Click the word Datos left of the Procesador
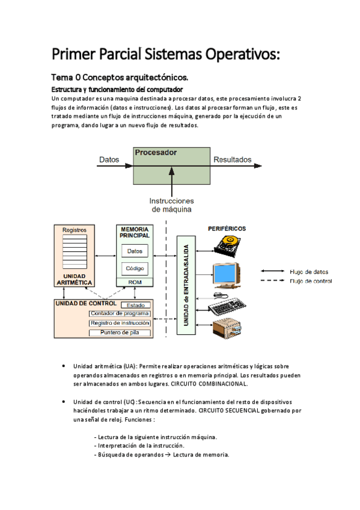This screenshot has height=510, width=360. pos(109,160)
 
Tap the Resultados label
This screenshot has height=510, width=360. pos(232,160)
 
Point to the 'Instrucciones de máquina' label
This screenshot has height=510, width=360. pos(172,205)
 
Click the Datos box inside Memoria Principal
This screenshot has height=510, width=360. pos(135,251)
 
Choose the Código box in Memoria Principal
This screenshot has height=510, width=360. pos(135,268)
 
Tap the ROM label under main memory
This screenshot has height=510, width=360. pos(135,281)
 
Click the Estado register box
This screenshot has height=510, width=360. pos(135,305)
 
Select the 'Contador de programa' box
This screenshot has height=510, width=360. pos(119,313)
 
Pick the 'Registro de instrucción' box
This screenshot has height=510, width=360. pos(119,323)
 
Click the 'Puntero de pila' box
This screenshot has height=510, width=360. pos(119,333)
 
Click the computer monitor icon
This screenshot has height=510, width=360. pos(227,275)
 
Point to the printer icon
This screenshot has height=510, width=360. pos(228,329)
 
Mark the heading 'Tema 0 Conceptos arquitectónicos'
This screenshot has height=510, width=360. pos(120,78)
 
